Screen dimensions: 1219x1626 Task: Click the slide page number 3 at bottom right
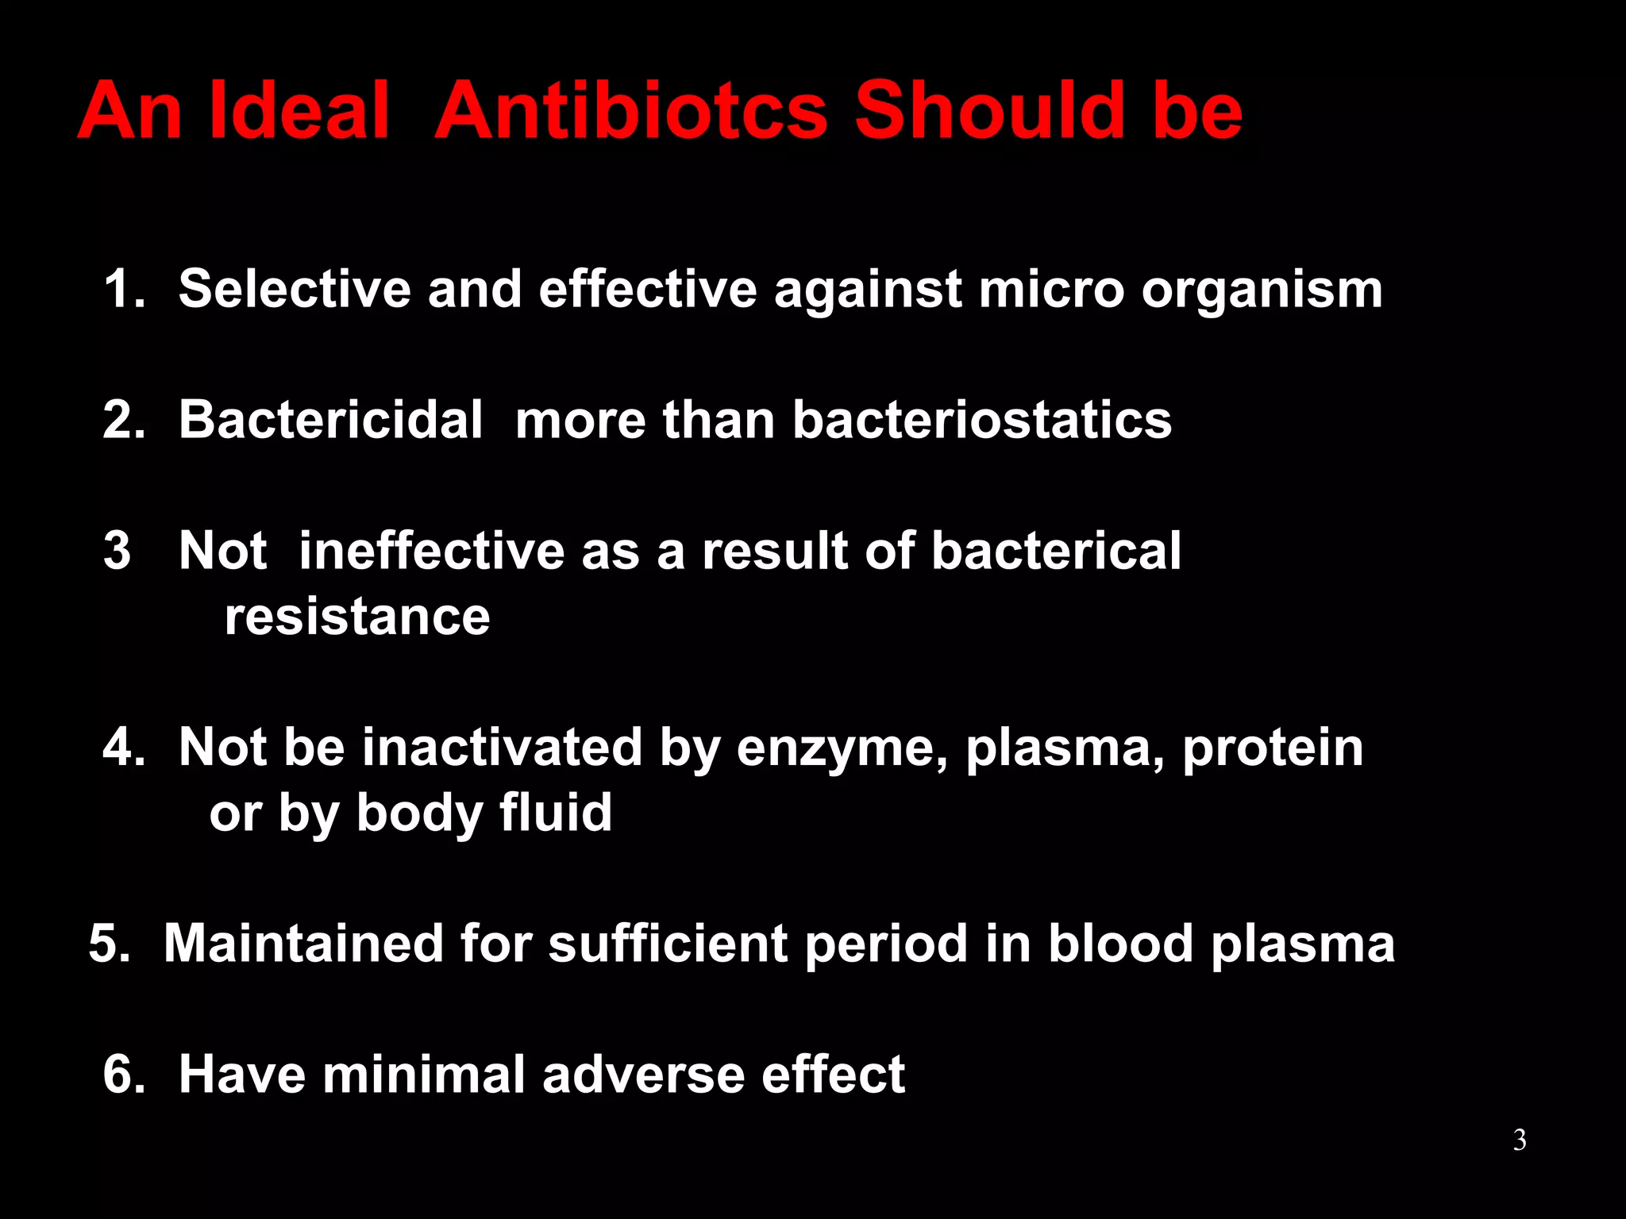point(1519,1140)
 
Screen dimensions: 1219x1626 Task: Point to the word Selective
point(295,288)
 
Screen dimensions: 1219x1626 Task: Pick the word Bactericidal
point(330,419)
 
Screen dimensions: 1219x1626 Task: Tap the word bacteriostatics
point(981,419)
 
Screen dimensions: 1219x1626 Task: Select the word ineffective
point(431,550)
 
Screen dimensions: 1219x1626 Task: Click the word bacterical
point(1056,550)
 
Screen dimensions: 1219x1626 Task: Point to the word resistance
point(357,617)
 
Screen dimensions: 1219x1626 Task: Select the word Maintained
point(303,944)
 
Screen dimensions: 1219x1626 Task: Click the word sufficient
point(668,944)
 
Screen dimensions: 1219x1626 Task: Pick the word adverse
point(643,1075)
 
